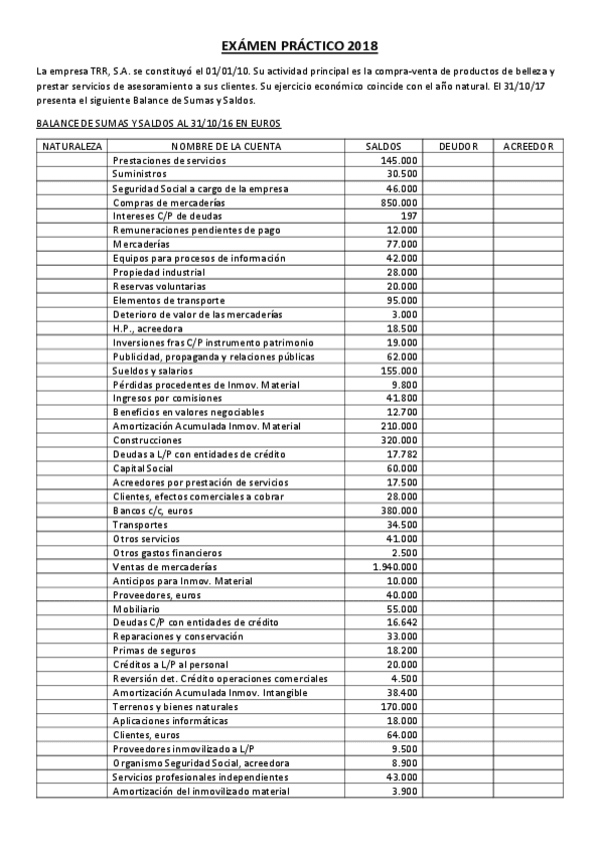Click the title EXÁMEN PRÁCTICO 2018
point(299,46)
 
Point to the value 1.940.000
point(394,567)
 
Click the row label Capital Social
point(140,468)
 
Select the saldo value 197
point(408,216)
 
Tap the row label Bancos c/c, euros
point(153,510)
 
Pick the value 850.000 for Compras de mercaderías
point(400,202)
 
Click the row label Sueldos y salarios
point(154,370)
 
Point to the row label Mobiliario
point(136,608)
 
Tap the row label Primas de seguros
point(151,650)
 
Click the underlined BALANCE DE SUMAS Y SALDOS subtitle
point(158,124)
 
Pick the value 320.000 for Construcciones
point(400,440)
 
